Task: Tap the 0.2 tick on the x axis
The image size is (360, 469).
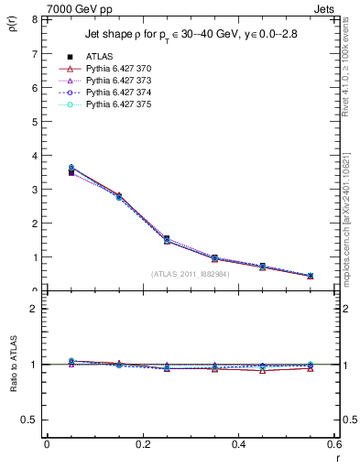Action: pos(142,444)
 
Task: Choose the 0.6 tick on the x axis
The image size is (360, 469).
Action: pos(334,444)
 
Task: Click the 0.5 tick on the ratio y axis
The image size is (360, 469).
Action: pos(28,420)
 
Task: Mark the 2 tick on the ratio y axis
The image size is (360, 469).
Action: pos(33,309)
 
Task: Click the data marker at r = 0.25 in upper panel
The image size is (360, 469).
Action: pos(141,239)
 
